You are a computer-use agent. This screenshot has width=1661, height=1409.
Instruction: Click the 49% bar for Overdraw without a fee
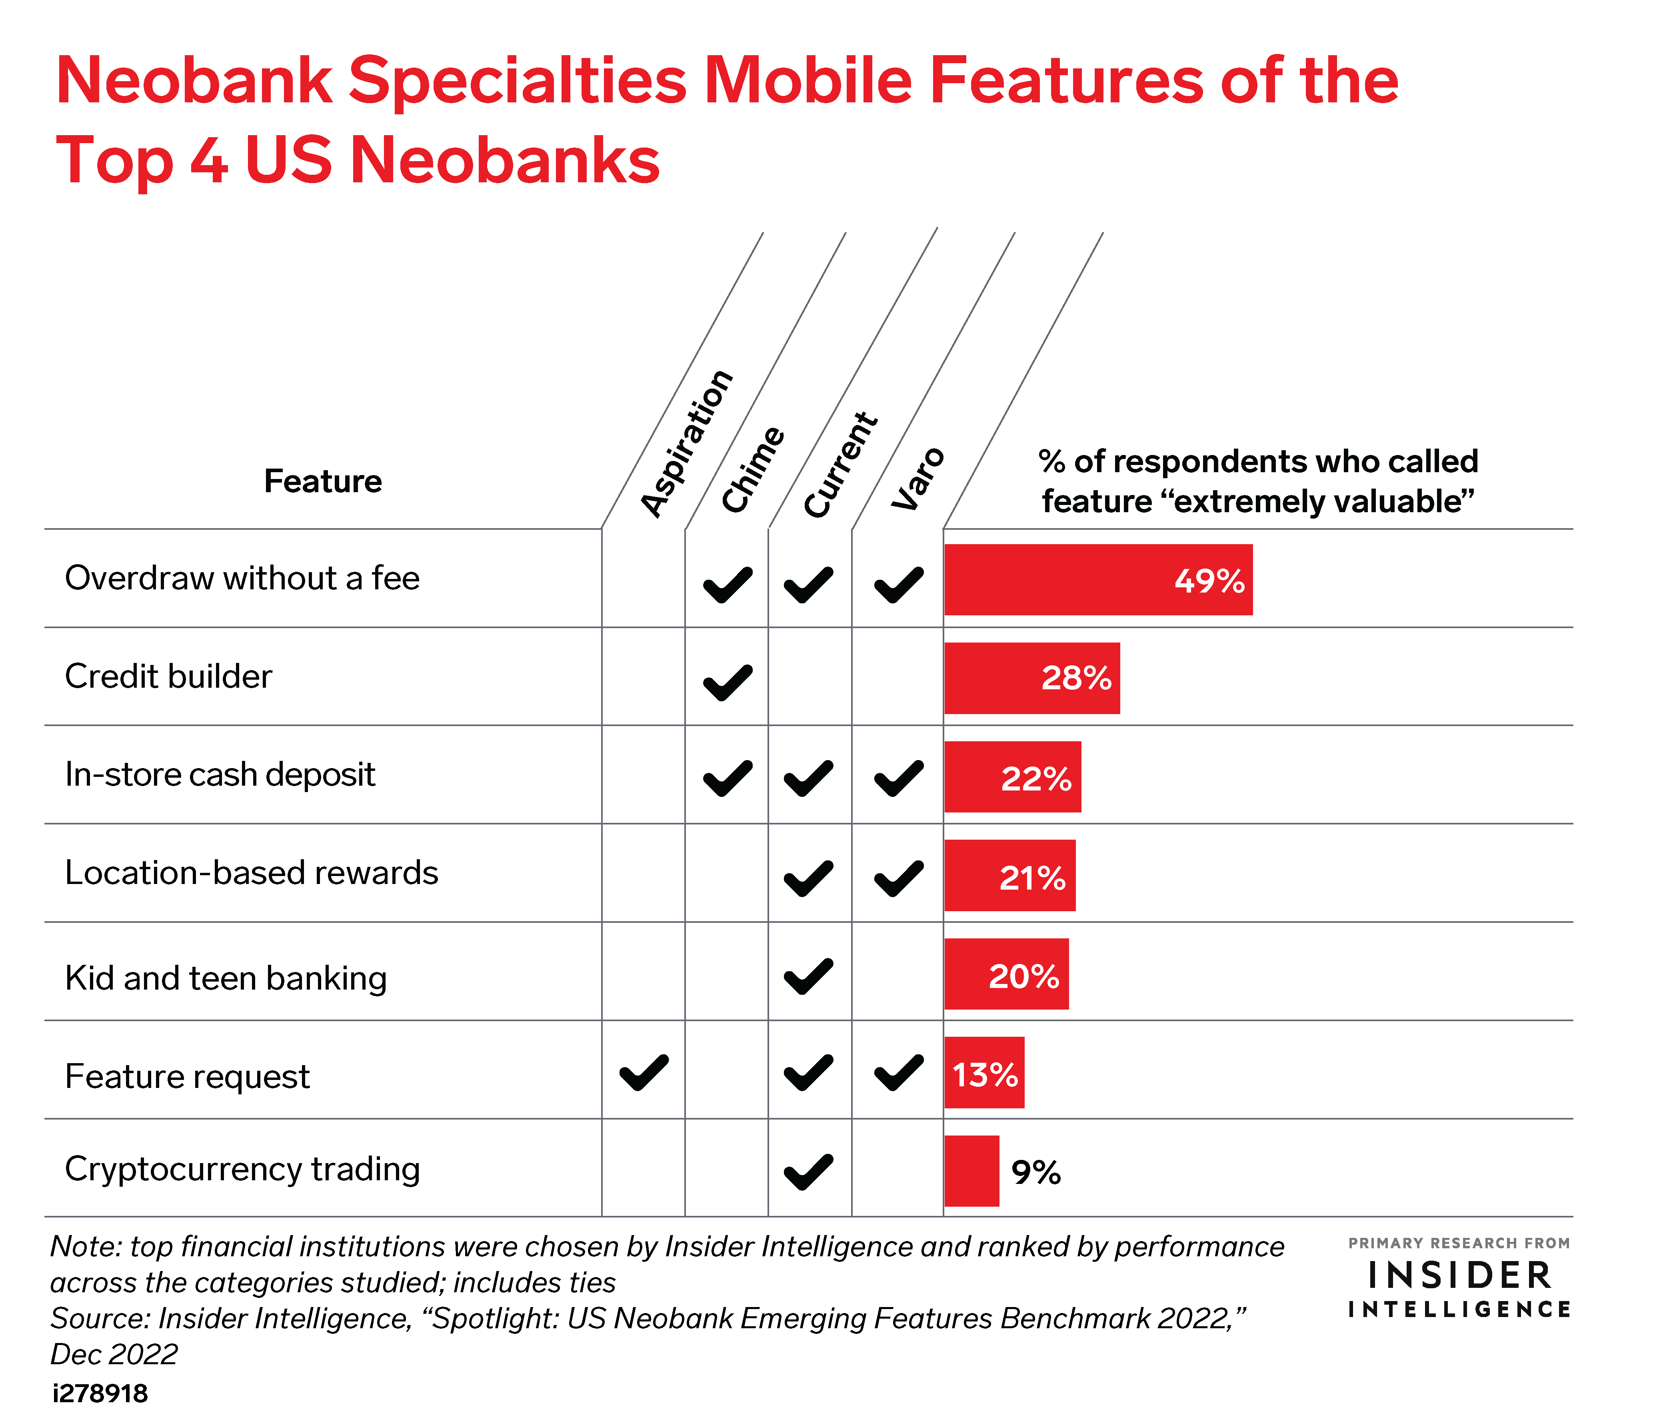coord(1099,580)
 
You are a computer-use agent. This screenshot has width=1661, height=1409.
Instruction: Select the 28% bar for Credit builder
coord(1032,678)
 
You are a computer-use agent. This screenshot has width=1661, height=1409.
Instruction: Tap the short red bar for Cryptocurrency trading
coord(971,1171)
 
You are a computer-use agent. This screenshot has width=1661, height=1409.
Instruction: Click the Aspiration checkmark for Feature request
coord(644,1073)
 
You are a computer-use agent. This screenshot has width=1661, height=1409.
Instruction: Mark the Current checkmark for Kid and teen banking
coord(809,976)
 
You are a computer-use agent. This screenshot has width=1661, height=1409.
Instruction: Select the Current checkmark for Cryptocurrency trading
coord(809,1173)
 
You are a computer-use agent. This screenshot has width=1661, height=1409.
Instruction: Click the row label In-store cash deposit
coord(220,775)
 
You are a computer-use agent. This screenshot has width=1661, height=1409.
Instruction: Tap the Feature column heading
coord(323,481)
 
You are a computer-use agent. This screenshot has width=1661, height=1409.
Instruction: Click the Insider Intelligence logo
coord(1459,1278)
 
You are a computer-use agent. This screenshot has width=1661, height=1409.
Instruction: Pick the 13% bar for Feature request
coord(984,1073)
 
